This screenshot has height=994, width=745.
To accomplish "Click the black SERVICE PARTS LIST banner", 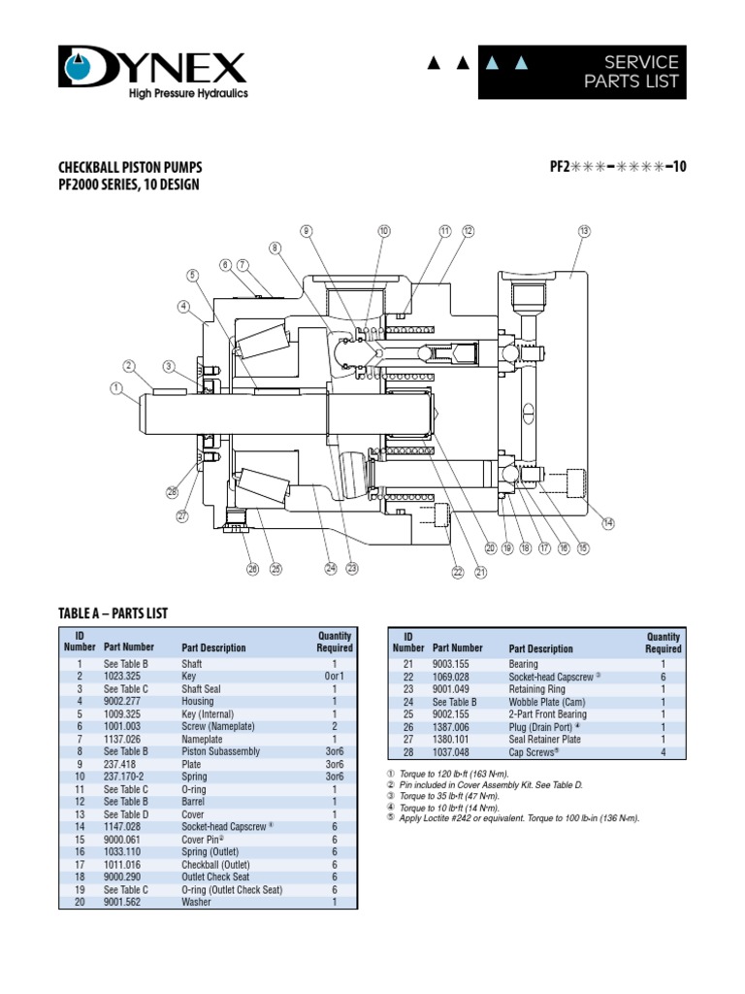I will click(582, 72).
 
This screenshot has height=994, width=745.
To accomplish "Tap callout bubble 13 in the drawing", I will click(584, 231).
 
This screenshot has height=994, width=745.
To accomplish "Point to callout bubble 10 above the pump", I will click(384, 231).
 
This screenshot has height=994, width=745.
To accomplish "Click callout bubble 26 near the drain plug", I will click(253, 569).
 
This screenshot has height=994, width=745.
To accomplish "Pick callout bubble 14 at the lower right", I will click(608, 523).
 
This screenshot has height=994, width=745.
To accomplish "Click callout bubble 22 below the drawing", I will click(458, 573).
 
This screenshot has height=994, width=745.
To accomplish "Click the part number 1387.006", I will click(450, 726).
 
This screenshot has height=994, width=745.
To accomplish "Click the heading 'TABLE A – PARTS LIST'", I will click(113, 613).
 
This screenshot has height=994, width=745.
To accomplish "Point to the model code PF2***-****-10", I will click(618, 166).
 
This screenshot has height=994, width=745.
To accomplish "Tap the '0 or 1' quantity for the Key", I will click(335, 675).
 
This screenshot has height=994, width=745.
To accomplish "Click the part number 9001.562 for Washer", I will click(122, 902).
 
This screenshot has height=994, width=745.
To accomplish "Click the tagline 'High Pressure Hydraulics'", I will click(188, 93).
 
